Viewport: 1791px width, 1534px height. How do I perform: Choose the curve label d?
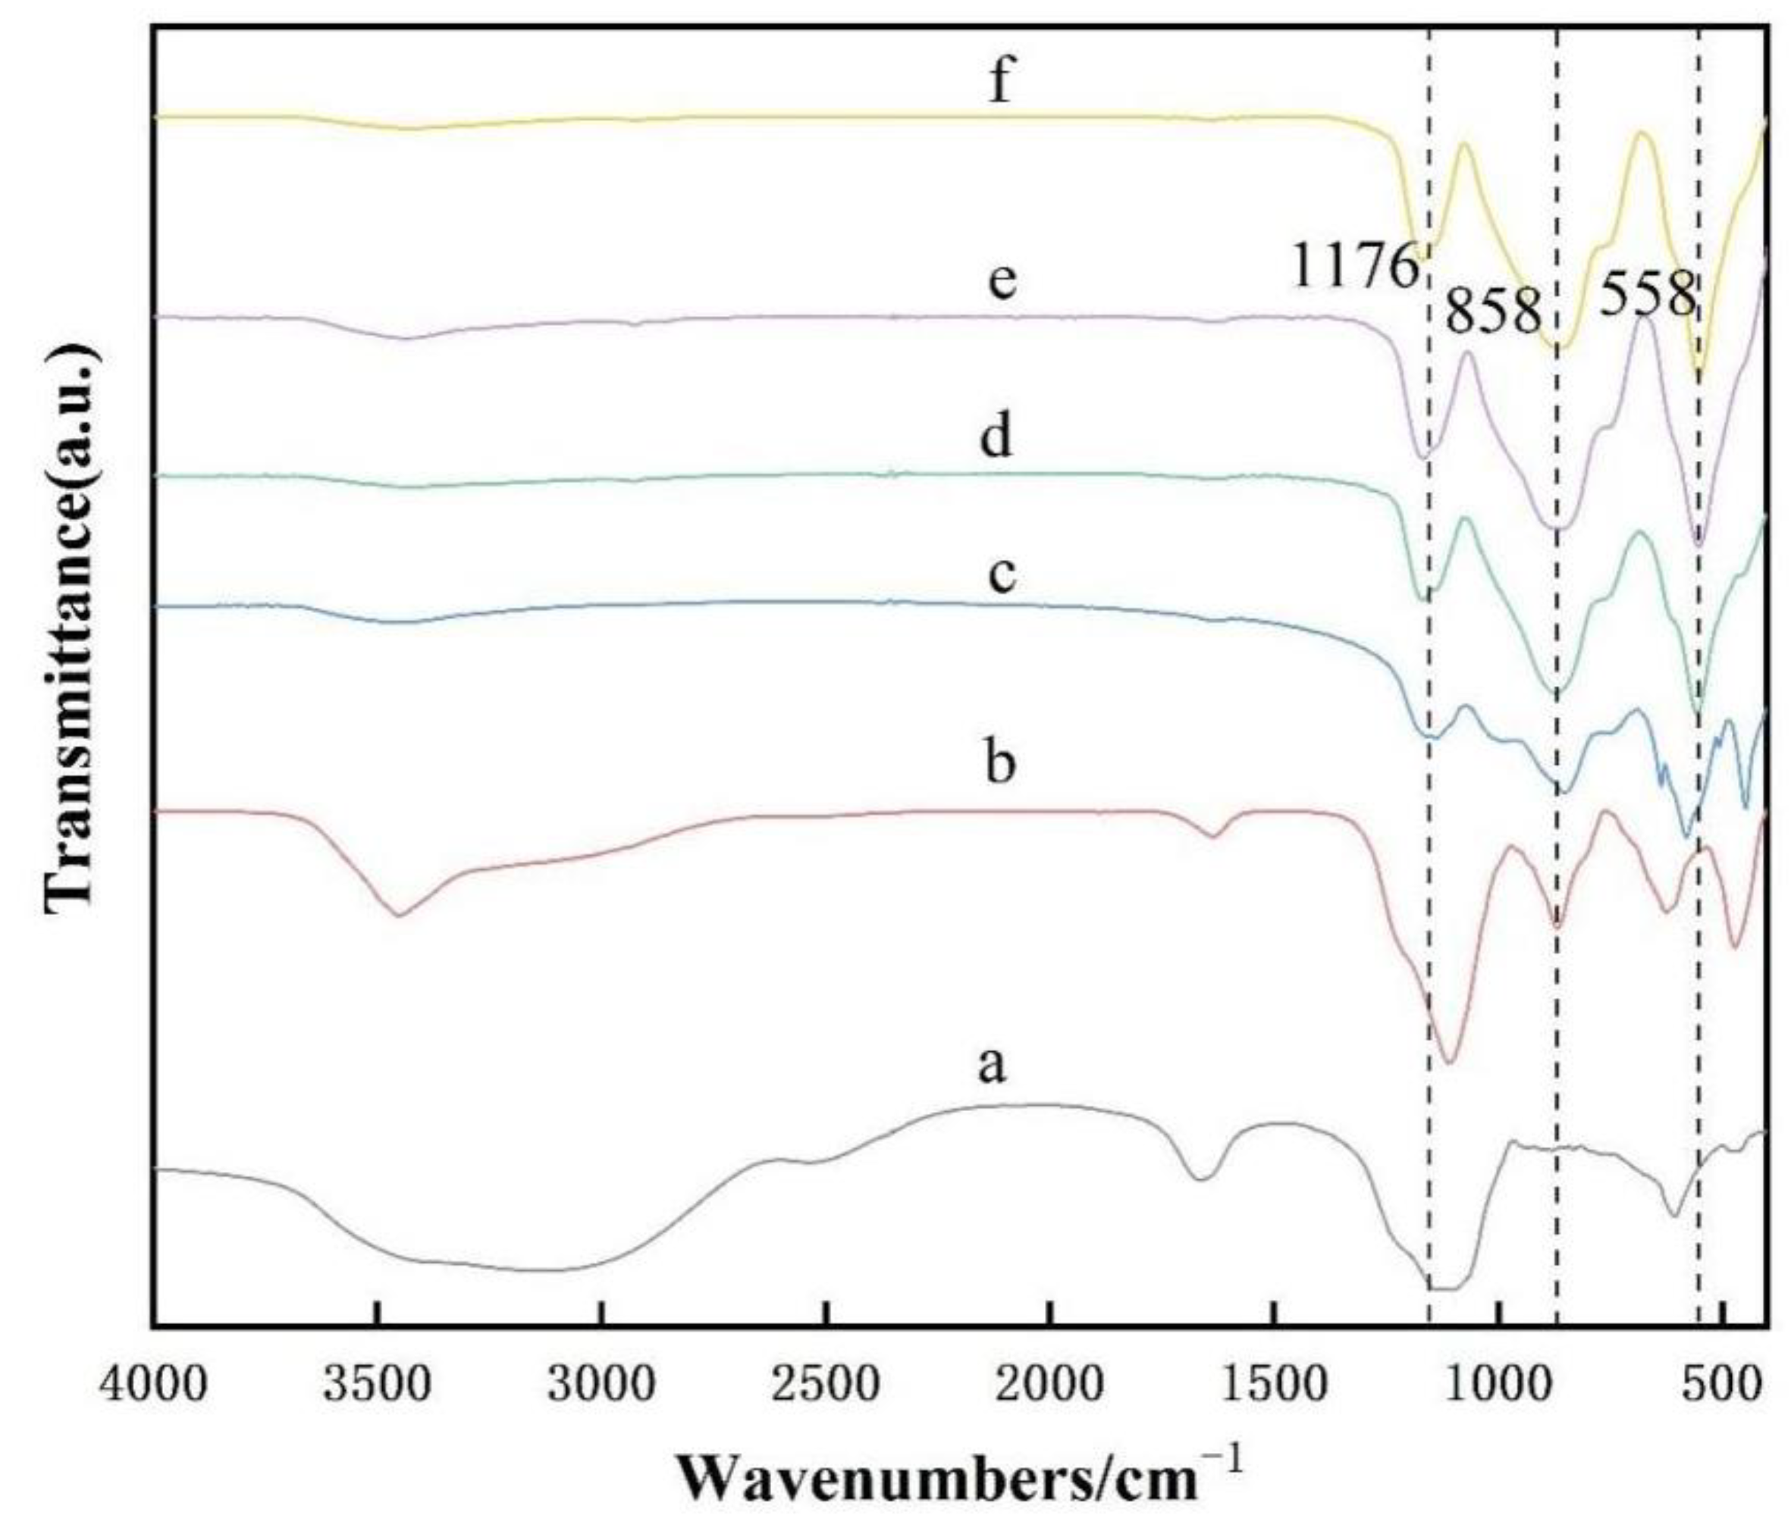click(x=996, y=437)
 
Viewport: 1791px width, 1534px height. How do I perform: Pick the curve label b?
click(x=1000, y=762)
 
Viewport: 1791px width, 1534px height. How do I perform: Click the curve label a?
click(x=993, y=1065)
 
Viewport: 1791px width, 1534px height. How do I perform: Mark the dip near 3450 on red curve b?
click(x=397, y=914)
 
